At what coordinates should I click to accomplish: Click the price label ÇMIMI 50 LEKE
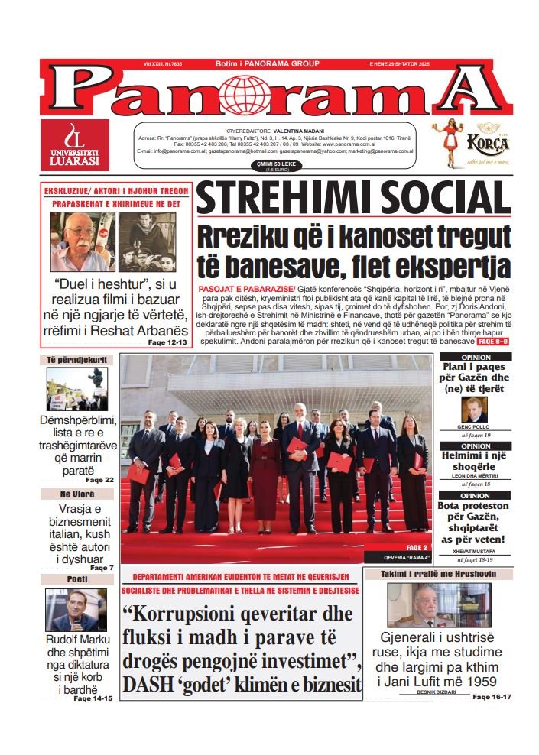coord(273,164)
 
